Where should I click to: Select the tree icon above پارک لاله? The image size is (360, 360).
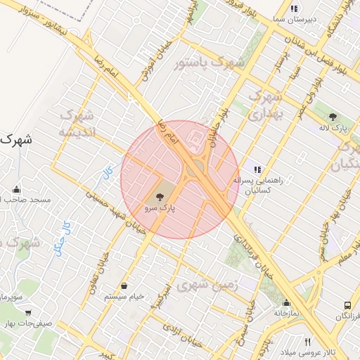[x=332, y=117]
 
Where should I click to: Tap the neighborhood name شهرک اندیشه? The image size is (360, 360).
[x=75, y=122]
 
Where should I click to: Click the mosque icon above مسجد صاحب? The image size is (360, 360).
[x=17, y=189]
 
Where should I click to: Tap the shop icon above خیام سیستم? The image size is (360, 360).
[x=124, y=285]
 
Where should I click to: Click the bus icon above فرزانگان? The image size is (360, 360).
[x=347, y=306]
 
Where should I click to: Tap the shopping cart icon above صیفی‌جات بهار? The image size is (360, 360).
[x=28, y=313]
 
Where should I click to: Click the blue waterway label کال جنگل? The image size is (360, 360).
[x=62, y=237]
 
